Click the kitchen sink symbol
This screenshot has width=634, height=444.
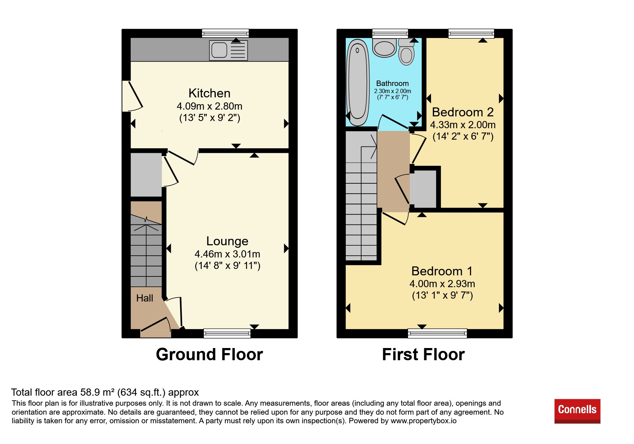click(228, 50)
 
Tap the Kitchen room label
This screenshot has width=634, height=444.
click(209, 93)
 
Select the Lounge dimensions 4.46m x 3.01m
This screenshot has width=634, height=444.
click(227, 254)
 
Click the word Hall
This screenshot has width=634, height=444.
click(145, 298)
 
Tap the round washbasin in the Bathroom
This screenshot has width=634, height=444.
click(384, 48)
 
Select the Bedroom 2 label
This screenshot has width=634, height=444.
click(463, 112)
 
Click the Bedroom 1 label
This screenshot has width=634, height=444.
click(442, 271)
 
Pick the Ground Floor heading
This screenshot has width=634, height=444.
click(209, 354)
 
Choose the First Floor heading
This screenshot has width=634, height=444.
click(424, 354)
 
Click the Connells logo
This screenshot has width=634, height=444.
click(577, 411)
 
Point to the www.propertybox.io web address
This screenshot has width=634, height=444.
click(424, 421)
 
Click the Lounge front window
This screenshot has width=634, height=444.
click(227, 333)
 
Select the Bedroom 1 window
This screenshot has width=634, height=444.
click(437, 333)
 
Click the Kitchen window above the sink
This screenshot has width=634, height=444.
click(225, 33)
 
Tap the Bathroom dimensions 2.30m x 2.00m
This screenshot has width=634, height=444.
click(393, 91)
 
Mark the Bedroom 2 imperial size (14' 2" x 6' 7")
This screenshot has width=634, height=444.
click(463, 136)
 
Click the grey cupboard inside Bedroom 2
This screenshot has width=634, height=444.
click(424, 189)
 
